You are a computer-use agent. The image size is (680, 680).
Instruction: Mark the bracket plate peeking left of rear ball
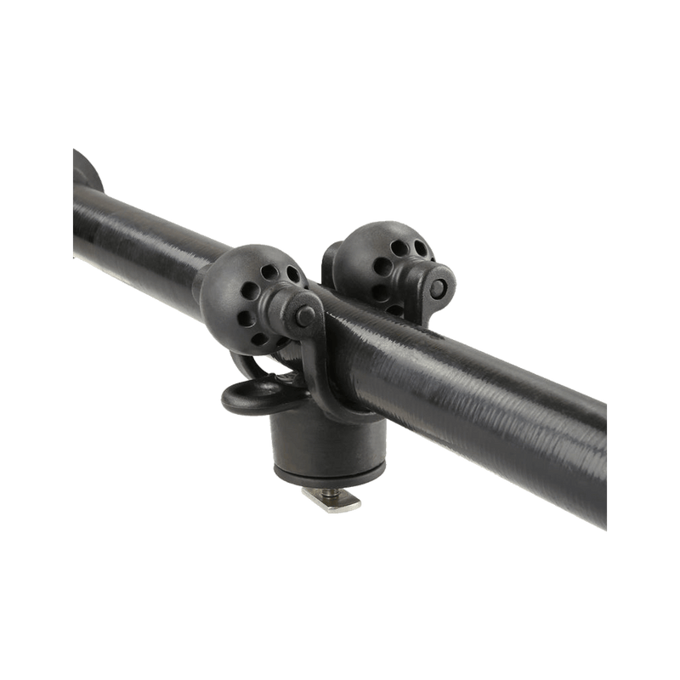[x=329, y=255]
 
